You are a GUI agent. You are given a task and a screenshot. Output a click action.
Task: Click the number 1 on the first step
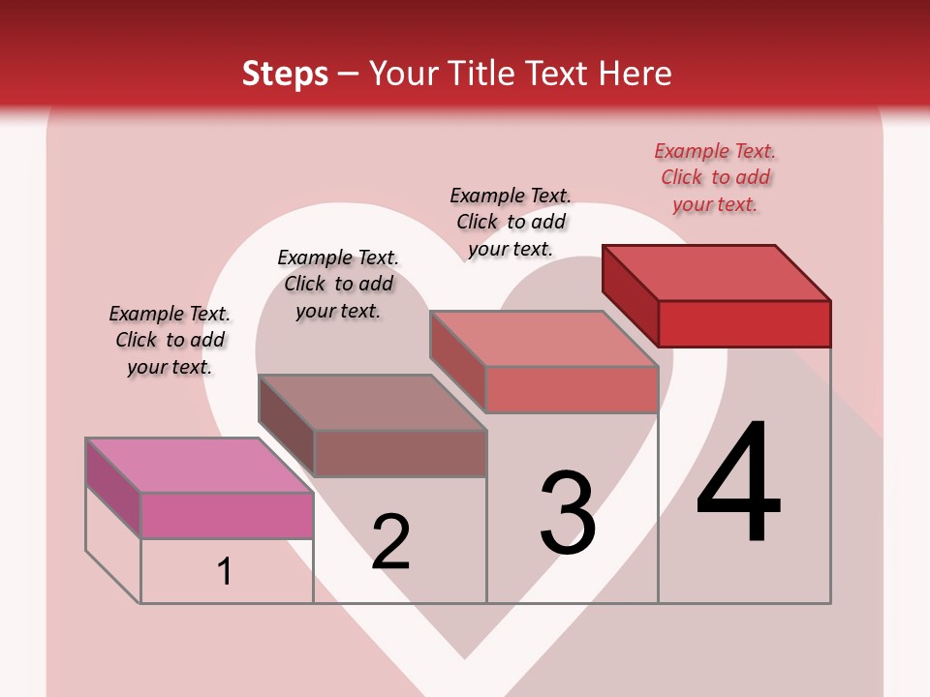[225, 571]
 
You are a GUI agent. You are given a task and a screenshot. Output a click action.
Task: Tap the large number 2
[390, 541]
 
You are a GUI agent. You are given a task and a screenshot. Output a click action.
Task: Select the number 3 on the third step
[567, 512]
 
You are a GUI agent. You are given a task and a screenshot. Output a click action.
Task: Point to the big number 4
[738, 483]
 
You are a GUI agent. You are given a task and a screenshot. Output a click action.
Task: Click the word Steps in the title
[285, 74]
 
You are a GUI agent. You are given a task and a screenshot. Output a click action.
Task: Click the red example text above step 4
[715, 177]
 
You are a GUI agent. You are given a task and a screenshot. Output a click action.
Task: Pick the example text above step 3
[511, 222]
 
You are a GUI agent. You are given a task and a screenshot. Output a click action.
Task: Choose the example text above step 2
[338, 284]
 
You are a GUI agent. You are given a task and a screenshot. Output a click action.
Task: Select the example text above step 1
[170, 340]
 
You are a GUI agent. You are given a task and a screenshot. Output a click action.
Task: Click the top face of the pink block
[199, 466]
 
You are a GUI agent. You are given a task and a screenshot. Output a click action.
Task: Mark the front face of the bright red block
[744, 323]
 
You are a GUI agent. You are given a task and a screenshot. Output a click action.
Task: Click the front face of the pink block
[227, 515]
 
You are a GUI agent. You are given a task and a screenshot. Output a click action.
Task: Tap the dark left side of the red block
[630, 294]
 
